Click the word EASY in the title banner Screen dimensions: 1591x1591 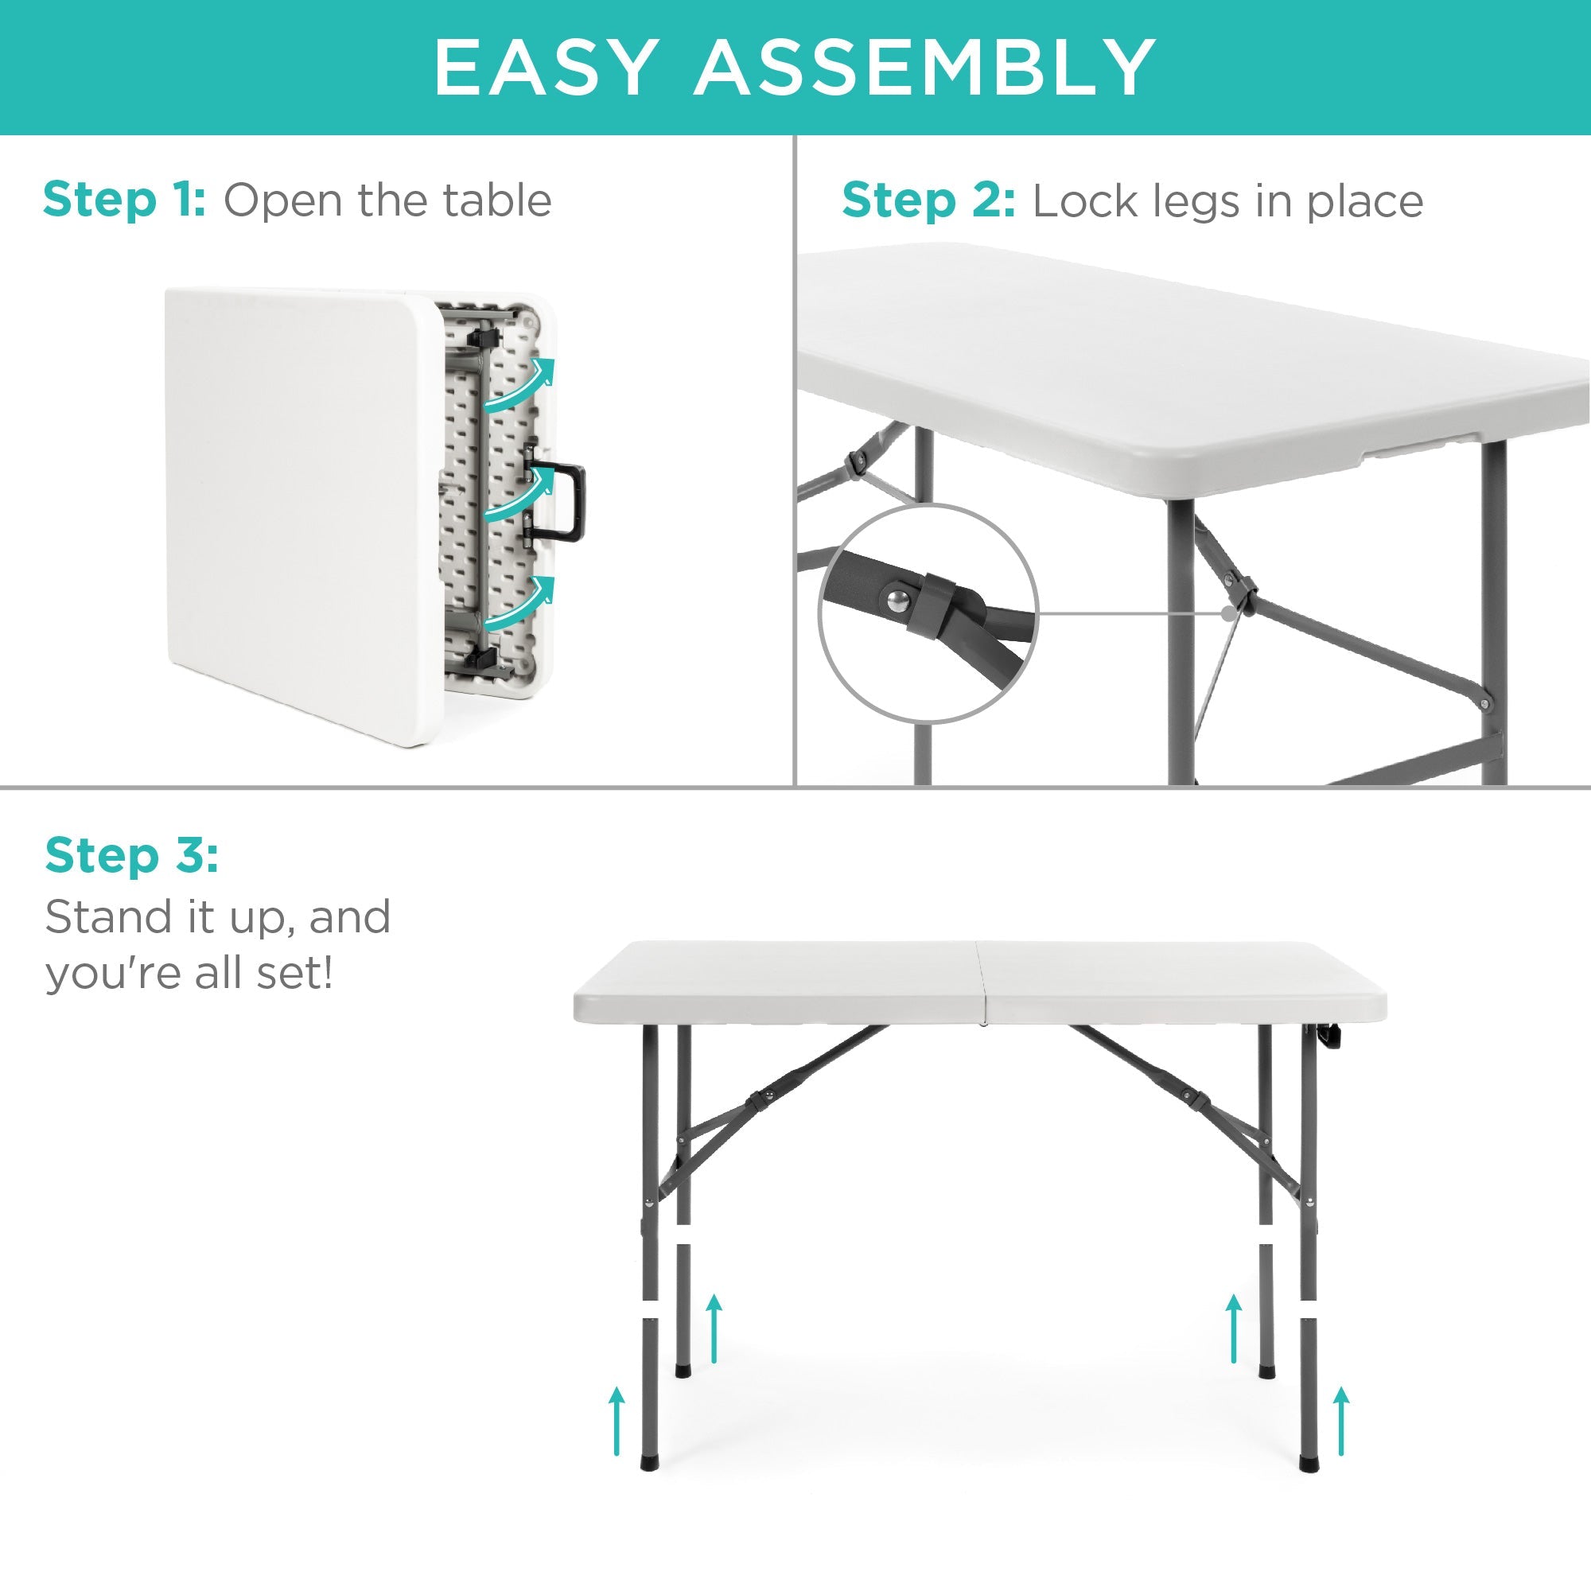click(x=546, y=68)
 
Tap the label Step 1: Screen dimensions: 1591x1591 click(x=123, y=200)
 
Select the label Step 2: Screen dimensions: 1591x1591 click(x=928, y=202)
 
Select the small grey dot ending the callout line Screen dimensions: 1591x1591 click(x=1229, y=613)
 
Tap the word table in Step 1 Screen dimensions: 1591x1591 click(x=496, y=200)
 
